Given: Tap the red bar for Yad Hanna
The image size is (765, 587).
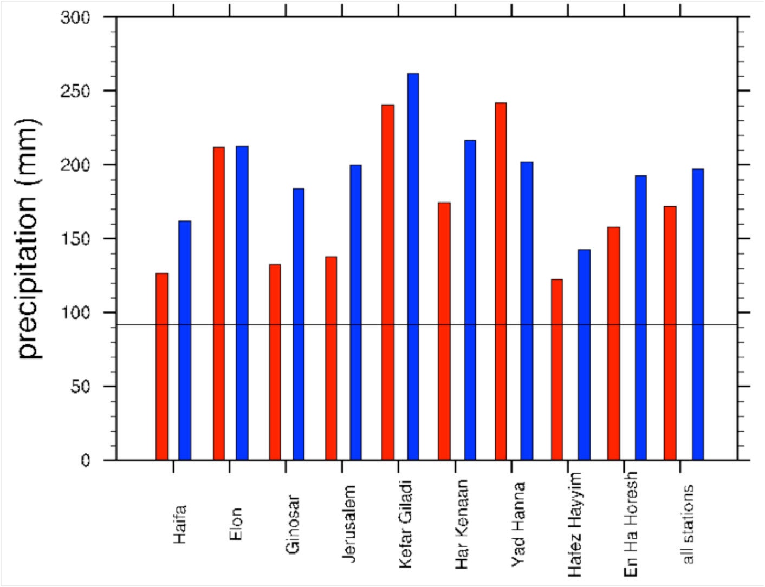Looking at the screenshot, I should tap(501, 281).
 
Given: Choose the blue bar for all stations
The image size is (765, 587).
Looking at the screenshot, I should tap(698, 314).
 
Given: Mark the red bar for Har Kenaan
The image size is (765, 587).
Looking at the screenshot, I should tap(444, 331).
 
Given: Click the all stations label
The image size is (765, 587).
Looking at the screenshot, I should tap(688, 524).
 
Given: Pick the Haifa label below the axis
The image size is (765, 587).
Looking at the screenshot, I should tap(180, 524).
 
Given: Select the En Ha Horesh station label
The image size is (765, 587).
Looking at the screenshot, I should tap(631, 524).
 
